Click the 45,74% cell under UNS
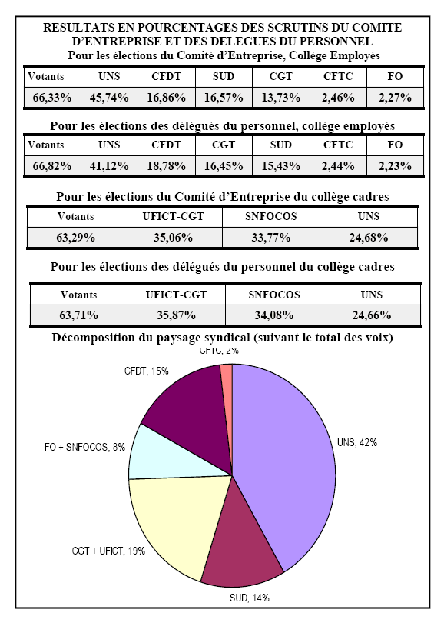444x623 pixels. (x=109, y=98)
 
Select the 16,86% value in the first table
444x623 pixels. (x=166, y=98)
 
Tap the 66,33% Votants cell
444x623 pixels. (x=52, y=98)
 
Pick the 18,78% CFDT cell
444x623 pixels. (x=166, y=165)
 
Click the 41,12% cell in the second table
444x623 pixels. (x=109, y=165)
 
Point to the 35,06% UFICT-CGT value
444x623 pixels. (x=173, y=238)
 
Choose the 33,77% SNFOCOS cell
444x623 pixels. (x=271, y=238)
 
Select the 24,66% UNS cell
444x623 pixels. (x=372, y=315)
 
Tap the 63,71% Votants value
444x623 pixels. (x=78, y=315)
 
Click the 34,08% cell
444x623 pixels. (x=274, y=315)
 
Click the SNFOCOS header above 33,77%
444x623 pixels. (x=271, y=216)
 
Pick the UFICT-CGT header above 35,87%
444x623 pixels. (x=176, y=295)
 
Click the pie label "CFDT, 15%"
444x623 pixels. (x=147, y=371)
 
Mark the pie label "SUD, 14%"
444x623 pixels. (x=250, y=598)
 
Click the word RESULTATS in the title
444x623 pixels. (x=73, y=28)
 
